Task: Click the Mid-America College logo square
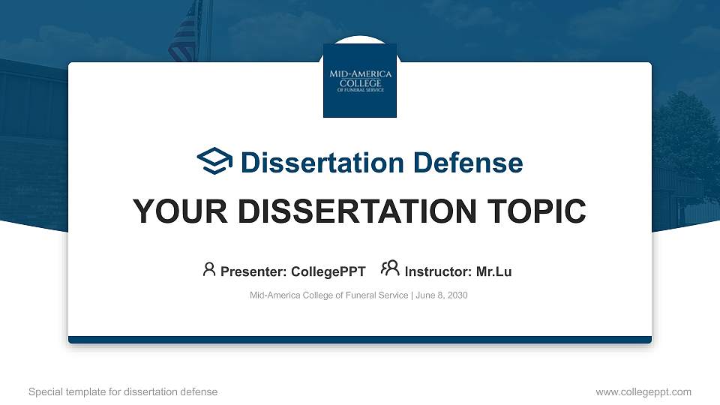click(x=360, y=80)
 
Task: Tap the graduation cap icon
click(x=214, y=160)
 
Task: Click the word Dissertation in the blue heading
click(x=322, y=163)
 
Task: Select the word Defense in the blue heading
click(x=468, y=163)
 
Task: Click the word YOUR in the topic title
click(x=180, y=211)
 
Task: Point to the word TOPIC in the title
click(x=536, y=211)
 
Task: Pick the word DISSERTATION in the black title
click(x=357, y=211)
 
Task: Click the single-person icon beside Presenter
click(x=209, y=269)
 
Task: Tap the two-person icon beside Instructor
click(x=390, y=268)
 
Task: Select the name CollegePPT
click(x=328, y=271)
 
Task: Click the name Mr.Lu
click(x=493, y=271)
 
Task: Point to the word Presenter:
click(x=253, y=271)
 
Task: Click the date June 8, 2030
click(x=442, y=295)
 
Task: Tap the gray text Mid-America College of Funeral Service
click(x=328, y=295)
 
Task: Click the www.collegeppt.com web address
click(x=643, y=391)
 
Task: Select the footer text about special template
click(x=123, y=391)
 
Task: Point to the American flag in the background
click(x=186, y=32)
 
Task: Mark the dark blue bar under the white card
click(x=360, y=340)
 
